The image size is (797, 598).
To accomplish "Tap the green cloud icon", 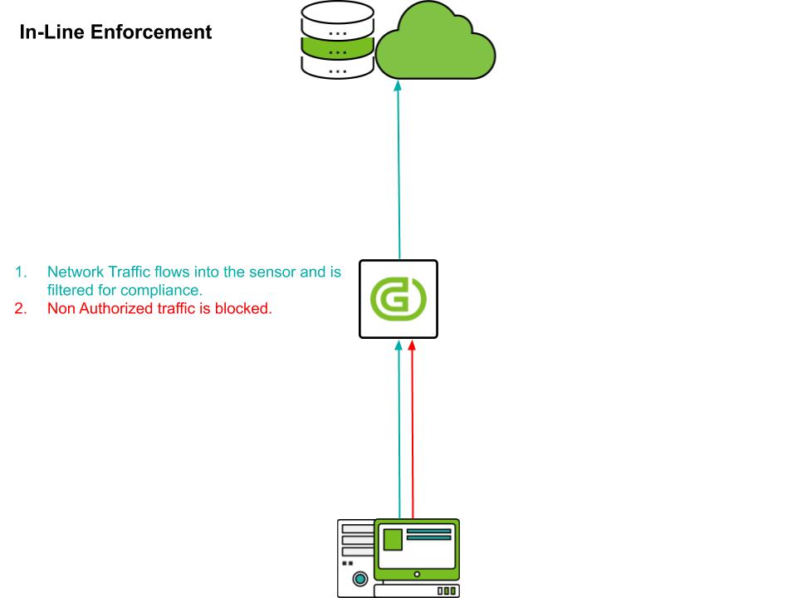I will click(x=435, y=46).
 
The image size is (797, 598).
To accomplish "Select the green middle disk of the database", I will click(x=337, y=51).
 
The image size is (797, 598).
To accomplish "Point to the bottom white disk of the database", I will click(x=337, y=71).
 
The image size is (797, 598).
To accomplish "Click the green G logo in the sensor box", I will click(x=398, y=300).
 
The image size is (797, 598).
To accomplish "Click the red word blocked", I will click(x=247, y=310).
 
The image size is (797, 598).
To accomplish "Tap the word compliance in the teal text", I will click(x=165, y=291).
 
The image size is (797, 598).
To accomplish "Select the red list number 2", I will click(x=21, y=310).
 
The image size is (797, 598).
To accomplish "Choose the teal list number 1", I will click(x=20, y=272).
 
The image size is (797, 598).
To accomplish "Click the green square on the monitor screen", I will click(x=391, y=539).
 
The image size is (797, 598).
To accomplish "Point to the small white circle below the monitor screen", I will click(x=417, y=573).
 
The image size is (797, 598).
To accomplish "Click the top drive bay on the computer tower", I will click(x=357, y=528).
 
